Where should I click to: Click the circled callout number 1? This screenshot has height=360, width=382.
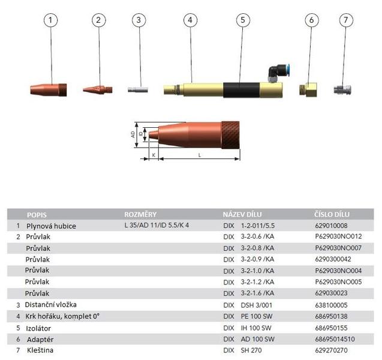click(50, 20)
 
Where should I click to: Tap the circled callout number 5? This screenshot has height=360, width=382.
click(243, 20)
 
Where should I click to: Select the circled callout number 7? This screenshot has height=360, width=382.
click(346, 20)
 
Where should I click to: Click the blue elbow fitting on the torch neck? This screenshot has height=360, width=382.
click(278, 72)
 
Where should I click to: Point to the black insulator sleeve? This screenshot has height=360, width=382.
click(242, 90)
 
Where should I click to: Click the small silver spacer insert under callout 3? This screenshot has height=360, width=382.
click(138, 89)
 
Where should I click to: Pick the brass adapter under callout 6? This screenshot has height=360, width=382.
click(308, 89)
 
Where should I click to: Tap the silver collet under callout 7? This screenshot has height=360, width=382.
click(342, 89)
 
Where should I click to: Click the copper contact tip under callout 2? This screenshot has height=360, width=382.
click(98, 89)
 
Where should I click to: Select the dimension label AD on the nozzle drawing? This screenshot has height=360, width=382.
click(133, 134)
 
